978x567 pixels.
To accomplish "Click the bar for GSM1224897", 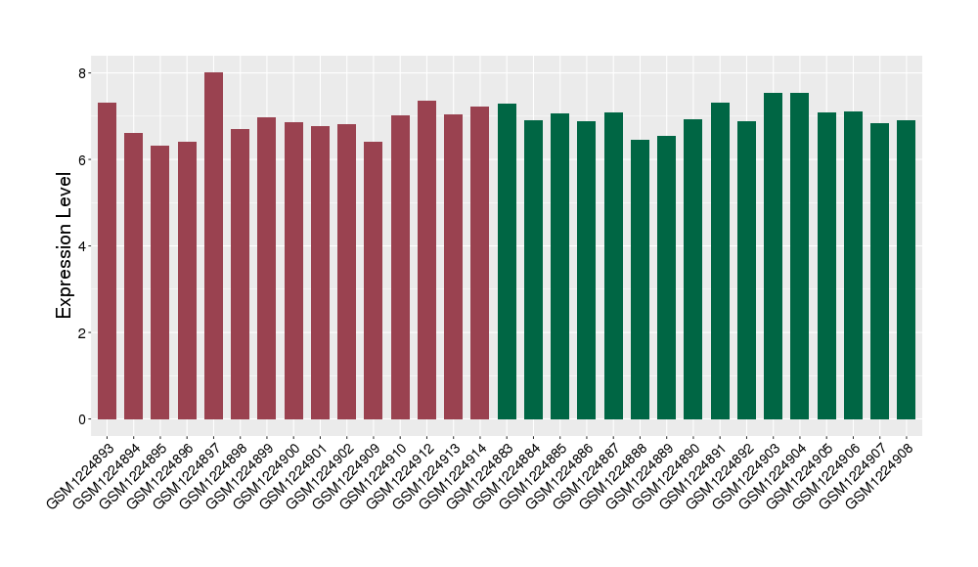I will pyautogui.click(x=213, y=245).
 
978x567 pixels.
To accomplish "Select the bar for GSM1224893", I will pyautogui.click(x=107, y=261).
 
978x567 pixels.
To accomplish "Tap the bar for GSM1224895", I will pyautogui.click(x=160, y=283).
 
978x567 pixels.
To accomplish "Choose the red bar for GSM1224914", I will pyautogui.click(x=480, y=263).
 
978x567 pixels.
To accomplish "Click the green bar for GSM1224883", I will pyautogui.click(x=507, y=261).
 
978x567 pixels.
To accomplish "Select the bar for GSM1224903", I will pyautogui.click(x=774, y=256).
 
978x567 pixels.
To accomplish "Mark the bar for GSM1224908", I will pyautogui.click(x=907, y=270).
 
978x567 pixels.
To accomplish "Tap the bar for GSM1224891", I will pyautogui.click(x=720, y=261).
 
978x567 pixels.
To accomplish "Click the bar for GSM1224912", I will pyautogui.click(x=426, y=260).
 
